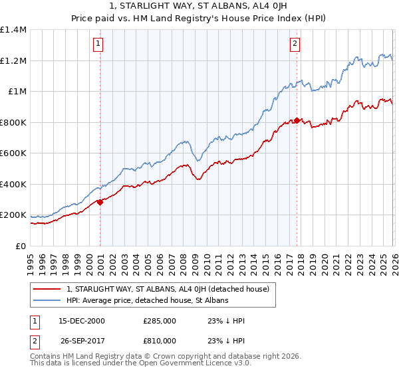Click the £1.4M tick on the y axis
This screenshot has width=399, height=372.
pos(13,30)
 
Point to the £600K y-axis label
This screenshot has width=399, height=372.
pos(13,153)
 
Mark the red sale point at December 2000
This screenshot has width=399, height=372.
pos(100,202)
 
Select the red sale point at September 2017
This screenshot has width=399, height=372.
pos(296,121)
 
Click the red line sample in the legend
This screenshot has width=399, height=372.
pos(48,289)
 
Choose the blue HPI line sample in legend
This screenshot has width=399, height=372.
pos(48,301)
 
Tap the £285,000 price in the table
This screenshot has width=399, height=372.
pos(160,321)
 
